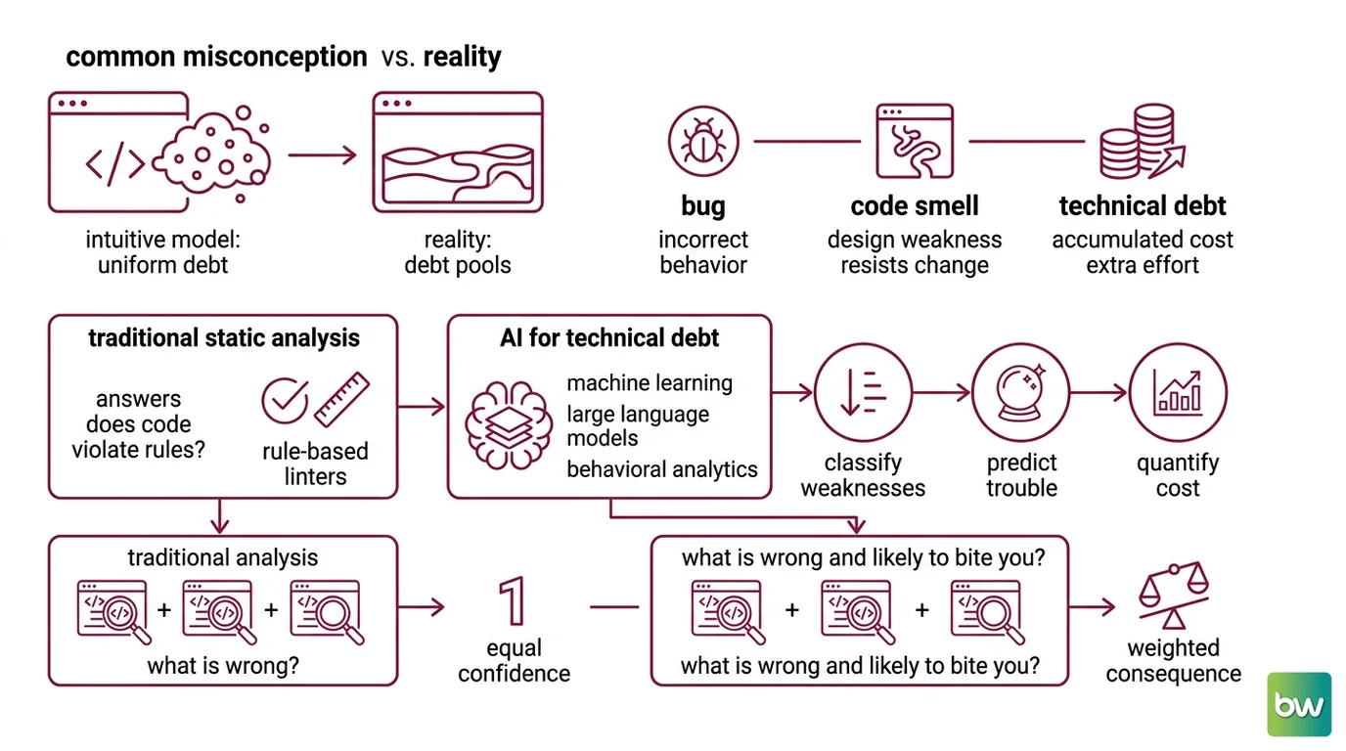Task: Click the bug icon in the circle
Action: (703, 142)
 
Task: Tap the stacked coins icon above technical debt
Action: (1142, 142)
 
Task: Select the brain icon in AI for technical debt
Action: (509, 424)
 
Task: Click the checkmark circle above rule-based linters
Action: (285, 400)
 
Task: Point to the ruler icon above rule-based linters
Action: (342, 399)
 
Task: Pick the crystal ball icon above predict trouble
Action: (1021, 392)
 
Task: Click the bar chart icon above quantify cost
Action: (1178, 392)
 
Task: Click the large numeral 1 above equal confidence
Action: (513, 600)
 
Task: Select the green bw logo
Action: (1299, 704)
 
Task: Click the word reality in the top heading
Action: (462, 57)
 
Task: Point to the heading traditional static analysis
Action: (224, 337)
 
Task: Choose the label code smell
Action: (915, 205)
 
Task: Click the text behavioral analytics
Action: (662, 469)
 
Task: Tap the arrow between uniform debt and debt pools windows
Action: (322, 155)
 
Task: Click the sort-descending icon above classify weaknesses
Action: (864, 392)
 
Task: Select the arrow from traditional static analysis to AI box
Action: (422, 407)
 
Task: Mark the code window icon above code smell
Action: (915, 141)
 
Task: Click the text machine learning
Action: (650, 382)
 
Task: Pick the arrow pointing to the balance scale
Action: (1093, 607)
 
